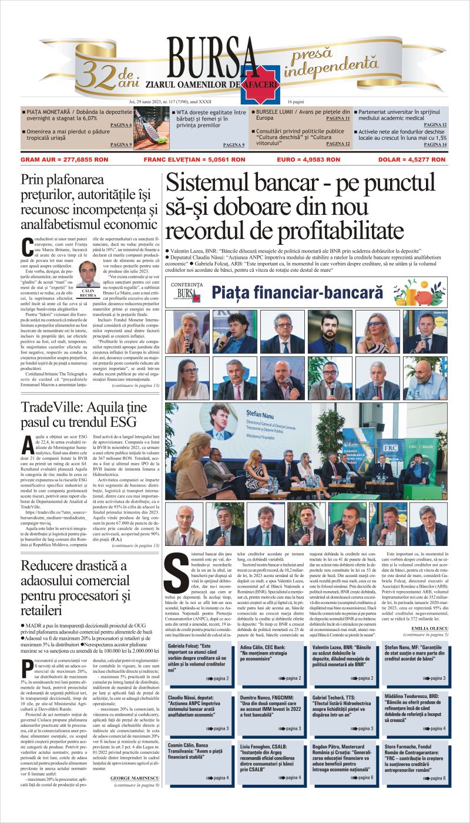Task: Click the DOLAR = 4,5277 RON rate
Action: tap(417, 159)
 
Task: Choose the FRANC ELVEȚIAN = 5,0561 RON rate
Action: tap(186, 159)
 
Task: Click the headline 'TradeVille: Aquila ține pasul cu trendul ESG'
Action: tap(79, 414)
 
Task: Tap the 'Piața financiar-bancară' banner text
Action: tap(297, 292)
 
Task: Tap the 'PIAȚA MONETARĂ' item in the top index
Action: tap(51, 112)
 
